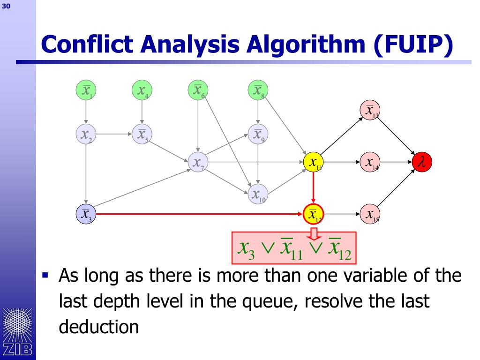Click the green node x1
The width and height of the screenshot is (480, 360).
tap(86, 90)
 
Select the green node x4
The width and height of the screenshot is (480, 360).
tap(142, 90)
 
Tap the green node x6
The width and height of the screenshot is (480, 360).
tap(198, 90)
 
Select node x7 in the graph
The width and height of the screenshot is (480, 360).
tap(198, 163)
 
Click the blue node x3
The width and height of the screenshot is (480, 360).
tap(86, 214)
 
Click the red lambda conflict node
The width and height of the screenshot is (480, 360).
tap(422, 163)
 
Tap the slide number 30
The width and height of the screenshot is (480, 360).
tap(6, 6)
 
